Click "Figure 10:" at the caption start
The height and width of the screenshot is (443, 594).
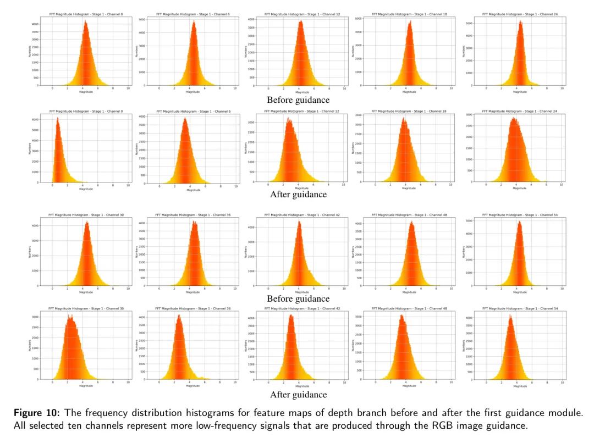coord(34,413)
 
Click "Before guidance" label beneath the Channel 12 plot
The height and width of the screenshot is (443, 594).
coord(298,100)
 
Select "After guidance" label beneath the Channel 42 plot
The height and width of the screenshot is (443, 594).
coord(298,395)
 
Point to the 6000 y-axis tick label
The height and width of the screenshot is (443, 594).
coord(34,120)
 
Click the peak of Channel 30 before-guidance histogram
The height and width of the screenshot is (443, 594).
coord(87,222)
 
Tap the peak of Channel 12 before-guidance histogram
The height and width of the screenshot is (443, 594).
coord(300,22)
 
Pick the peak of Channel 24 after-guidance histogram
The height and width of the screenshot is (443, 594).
coord(515,118)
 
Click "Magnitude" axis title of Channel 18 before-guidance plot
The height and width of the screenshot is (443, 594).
coord(409,92)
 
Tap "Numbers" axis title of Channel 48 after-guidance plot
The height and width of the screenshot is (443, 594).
coord(353,345)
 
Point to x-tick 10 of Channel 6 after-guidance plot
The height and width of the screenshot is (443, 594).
coord(235,186)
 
